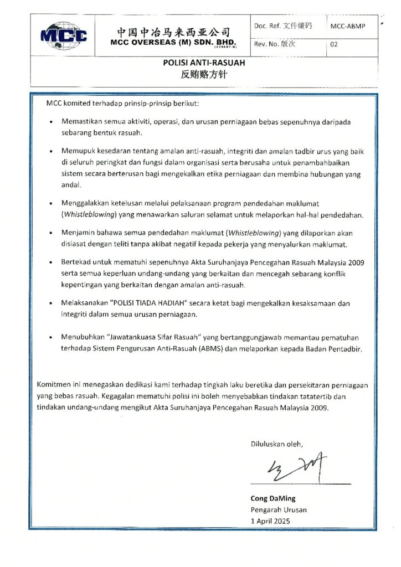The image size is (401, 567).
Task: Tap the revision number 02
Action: pyautogui.click(x=334, y=45)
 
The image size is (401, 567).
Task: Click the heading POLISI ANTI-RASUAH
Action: pyautogui.click(x=204, y=63)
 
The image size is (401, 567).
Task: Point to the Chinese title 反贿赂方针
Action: pyautogui.click(x=204, y=75)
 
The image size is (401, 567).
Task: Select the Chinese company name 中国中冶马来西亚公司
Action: pyautogui.click(x=173, y=32)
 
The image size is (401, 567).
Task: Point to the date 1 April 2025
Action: pyautogui.click(x=270, y=521)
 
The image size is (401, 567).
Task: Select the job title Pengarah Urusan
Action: pyautogui.click(x=279, y=509)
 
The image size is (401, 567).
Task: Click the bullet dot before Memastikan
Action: pyautogui.click(x=52, y=121)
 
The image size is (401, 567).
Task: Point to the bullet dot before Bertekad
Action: pyautogui.click(x=52, y=262)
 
